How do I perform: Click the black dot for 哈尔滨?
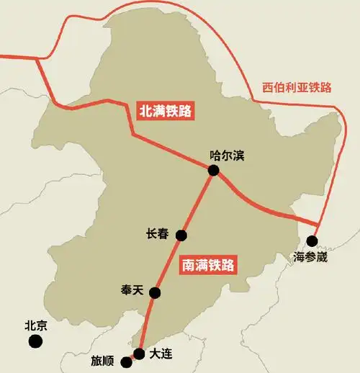(214, 170)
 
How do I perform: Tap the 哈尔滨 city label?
(227, 155)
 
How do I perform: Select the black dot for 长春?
(181, 235)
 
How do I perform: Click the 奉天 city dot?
(154, 292)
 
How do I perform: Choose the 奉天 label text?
(132, 289)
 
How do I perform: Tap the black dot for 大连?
(139, 353)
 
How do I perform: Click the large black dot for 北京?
(35, 341)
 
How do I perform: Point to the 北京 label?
(35, 325)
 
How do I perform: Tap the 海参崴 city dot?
(312, 241)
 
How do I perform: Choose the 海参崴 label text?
(311, 256)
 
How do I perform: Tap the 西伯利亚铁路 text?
(297, 87)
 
